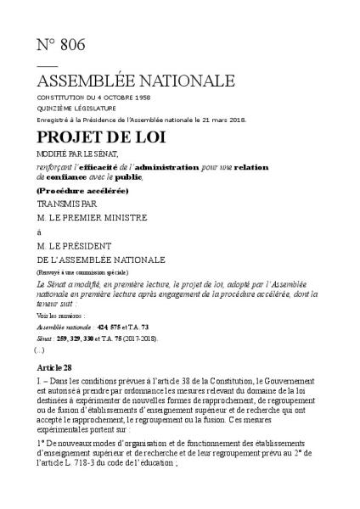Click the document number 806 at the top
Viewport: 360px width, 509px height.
point(70,45)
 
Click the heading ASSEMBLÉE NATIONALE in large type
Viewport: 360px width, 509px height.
point(135,81)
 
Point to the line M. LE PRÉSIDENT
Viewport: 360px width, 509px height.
point(81,245)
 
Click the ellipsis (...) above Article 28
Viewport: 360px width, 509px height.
point(39,349)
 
